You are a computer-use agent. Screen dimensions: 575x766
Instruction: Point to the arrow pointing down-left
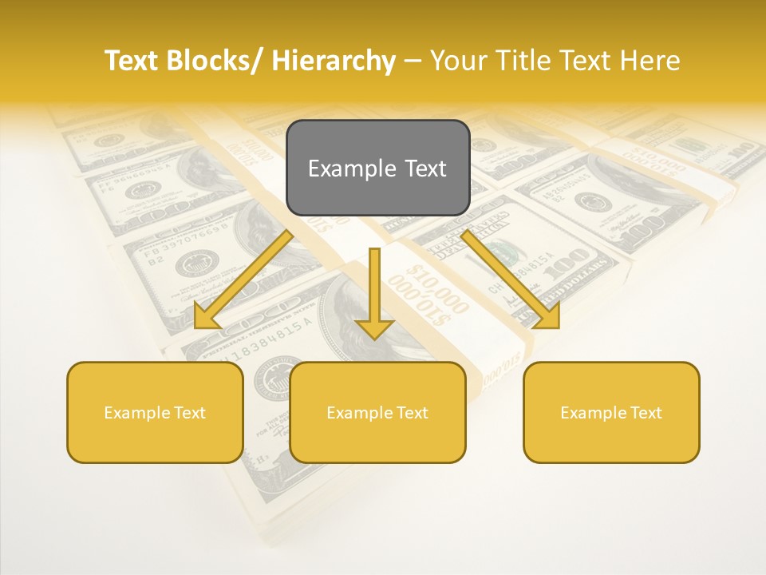[243, 280]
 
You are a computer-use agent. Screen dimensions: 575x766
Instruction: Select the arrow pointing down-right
[511, 280]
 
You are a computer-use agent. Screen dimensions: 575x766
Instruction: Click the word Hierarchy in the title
[334, 61]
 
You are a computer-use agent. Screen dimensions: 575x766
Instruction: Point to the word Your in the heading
[458, 61]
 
